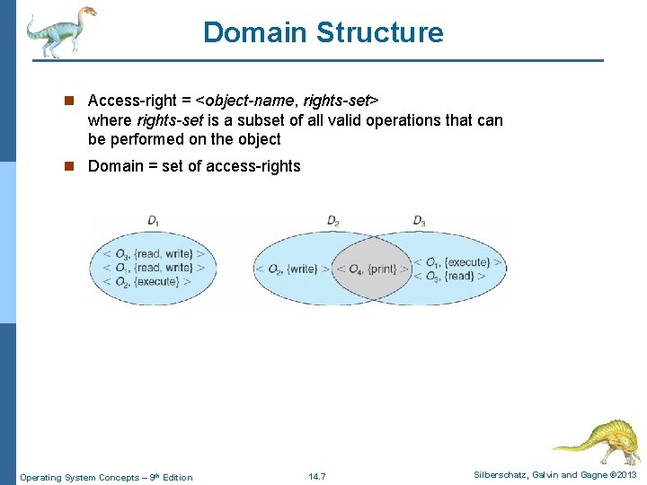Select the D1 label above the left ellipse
click(154, 220)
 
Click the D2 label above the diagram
click(333, 220)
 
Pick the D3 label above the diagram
click(419, 220)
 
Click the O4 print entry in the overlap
click(372, 269)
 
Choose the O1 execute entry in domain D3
click(457, 262)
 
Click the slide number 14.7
click(316, 476)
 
